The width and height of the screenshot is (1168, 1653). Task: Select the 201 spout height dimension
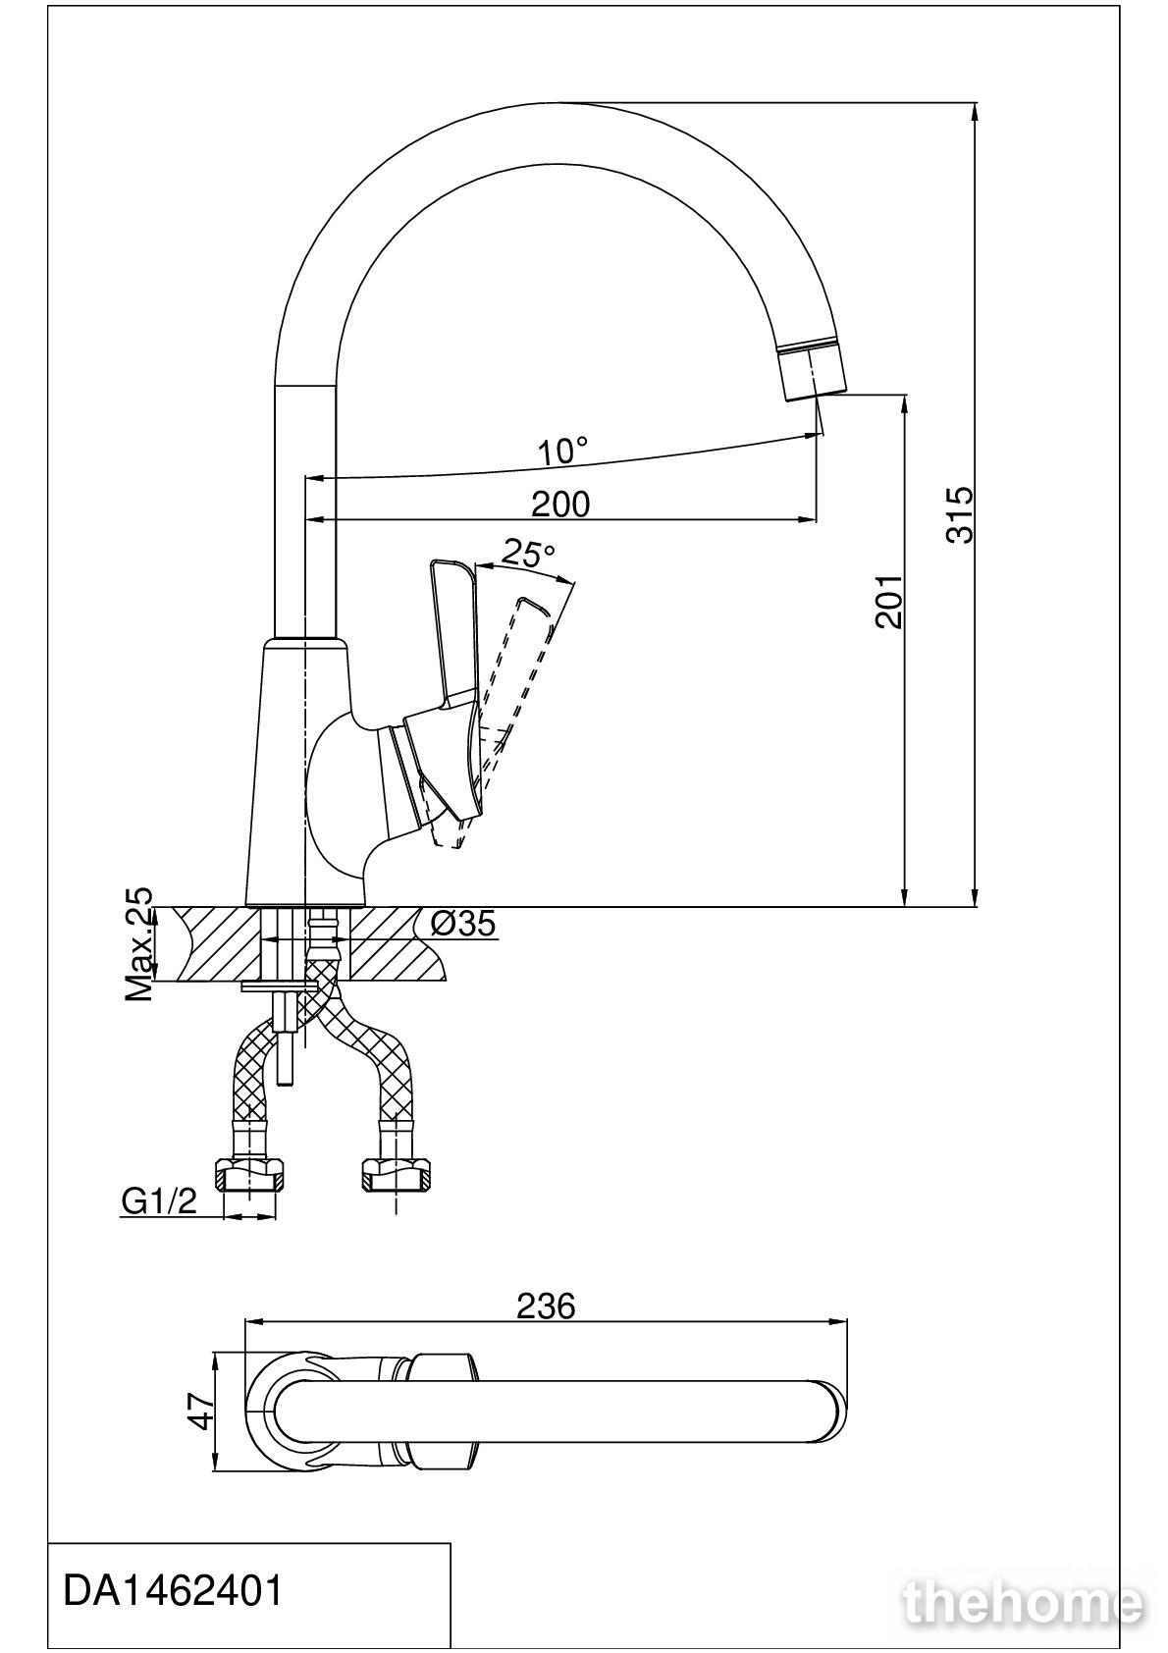pos(888,602)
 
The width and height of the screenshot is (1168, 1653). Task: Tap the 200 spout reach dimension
pos(560,504)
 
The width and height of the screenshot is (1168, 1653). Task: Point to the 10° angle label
pos(563,451)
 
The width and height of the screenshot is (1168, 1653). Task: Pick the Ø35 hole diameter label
pos(462,923)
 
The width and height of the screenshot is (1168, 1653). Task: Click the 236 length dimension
pos(546,1306)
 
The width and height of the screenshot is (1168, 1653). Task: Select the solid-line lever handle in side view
pos(451,685)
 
